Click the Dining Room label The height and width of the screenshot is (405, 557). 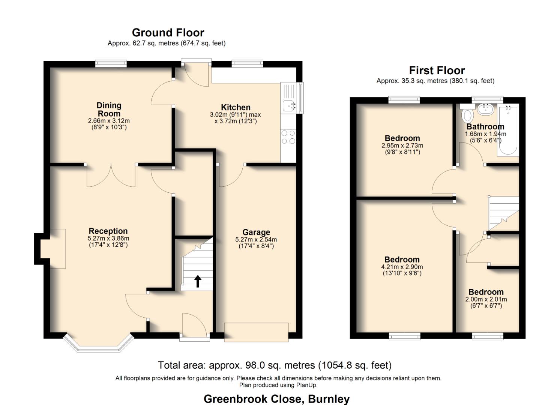(109, 109)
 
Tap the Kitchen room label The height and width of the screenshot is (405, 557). (236, 107)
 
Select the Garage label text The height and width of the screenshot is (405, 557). (256, 232)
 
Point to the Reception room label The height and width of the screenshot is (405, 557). (108, 231)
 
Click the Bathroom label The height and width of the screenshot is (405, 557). (485, 127)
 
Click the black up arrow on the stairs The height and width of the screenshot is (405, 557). (197, 281)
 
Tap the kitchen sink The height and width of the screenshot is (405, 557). (288, 106)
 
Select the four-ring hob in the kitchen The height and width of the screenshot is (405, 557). (288, 137)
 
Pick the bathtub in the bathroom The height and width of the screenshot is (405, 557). (508, 130)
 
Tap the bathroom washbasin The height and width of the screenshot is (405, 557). (486, 109)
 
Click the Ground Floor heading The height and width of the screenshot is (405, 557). (168, 33)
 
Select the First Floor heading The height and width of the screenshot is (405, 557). (437, 70)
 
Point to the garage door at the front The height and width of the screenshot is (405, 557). (256, 332)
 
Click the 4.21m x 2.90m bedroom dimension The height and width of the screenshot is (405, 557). (402, 267)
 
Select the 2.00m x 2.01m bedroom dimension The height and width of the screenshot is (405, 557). (486, 299)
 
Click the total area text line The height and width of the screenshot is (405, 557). (275, 365)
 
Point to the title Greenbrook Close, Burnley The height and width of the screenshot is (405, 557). (276, 399)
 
